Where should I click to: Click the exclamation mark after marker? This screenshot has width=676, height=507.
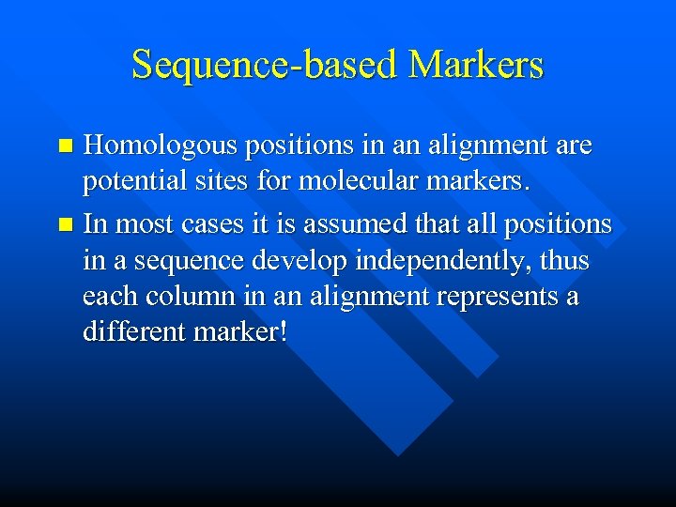283,332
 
